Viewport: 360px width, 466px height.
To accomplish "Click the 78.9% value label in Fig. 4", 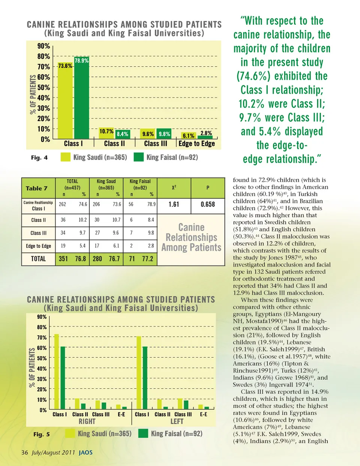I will [x=82, y=60].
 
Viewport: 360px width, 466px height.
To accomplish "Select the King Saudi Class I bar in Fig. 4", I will [x=65, y=101].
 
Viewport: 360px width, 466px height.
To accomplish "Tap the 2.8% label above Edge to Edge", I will [x=206, y=133].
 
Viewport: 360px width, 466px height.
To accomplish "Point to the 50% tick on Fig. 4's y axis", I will [x=43, y=87].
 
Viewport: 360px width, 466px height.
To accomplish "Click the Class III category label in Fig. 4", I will [x=156, y=144].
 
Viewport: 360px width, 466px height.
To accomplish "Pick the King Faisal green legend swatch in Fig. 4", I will [x=139, y=157].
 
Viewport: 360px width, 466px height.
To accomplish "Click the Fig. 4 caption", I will [x=39, y=157].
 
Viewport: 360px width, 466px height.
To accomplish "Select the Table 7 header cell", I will [x=36, y=188].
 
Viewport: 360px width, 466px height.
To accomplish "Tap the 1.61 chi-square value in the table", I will [x=174, y=204].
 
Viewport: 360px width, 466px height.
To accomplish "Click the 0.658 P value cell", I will [x=208, y=204].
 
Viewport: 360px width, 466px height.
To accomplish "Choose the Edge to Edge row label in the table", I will [x=38, y=246].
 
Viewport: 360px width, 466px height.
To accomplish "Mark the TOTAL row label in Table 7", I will [x=38, y=259].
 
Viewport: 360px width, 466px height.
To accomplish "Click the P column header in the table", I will [x=208, y=187].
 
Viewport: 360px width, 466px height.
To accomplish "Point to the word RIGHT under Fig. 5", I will [x=87, y=421].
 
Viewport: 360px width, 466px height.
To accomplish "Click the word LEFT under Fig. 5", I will [x=177, y=421].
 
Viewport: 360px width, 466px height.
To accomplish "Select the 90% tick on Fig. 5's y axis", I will [x=42, y=317].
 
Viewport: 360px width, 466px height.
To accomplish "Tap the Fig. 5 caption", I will [x=41, y=434].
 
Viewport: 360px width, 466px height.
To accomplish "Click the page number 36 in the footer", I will [x=25, y=452].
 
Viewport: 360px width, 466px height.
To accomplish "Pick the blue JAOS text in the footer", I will [x=85, y=453].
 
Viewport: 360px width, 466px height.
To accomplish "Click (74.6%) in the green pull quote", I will [x=253, y=76].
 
